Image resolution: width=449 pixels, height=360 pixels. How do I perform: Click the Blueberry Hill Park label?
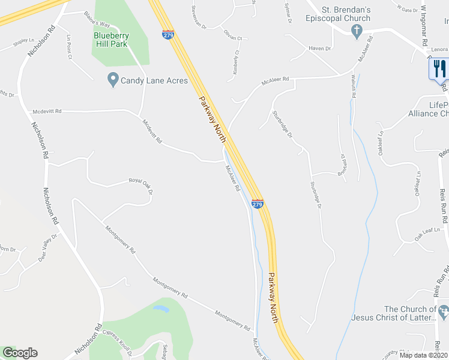(x=111, y=40)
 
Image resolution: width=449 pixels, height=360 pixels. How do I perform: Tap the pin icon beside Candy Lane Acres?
(x=112, y=79)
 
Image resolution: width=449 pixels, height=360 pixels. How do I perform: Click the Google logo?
(x=20, y=353)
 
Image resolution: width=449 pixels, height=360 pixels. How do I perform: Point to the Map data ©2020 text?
(x=423, y=355)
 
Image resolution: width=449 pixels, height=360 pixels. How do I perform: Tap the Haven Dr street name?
(x=320, y=49)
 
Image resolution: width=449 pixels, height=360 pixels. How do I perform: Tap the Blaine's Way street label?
(x=97, y=20)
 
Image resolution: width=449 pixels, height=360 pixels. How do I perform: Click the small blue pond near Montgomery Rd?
(x=161, y=310)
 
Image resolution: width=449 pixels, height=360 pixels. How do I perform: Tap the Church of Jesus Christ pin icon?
(x=444, y=312)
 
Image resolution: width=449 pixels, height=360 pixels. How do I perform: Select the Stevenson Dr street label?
(x=198, y=18)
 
